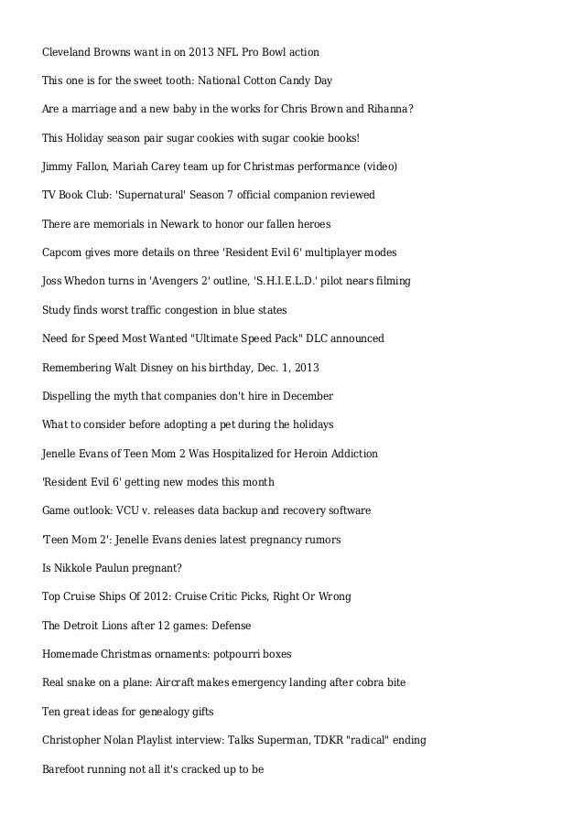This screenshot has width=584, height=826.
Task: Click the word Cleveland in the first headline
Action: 70,51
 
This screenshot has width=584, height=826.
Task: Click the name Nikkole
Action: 74,568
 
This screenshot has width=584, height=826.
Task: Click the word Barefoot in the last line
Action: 66,769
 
